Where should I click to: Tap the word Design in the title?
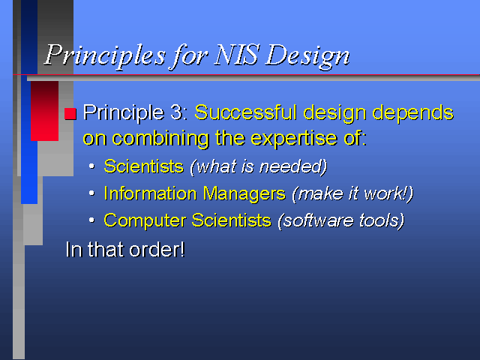(307, 57)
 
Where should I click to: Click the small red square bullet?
(70, 113)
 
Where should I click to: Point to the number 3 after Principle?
(176, 112)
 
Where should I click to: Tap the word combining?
(160, 139)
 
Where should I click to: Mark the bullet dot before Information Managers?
(91, 193)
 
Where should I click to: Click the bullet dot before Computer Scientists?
(91, 220)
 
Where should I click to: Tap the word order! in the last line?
(157, 250)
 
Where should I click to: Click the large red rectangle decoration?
(45, 111)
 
